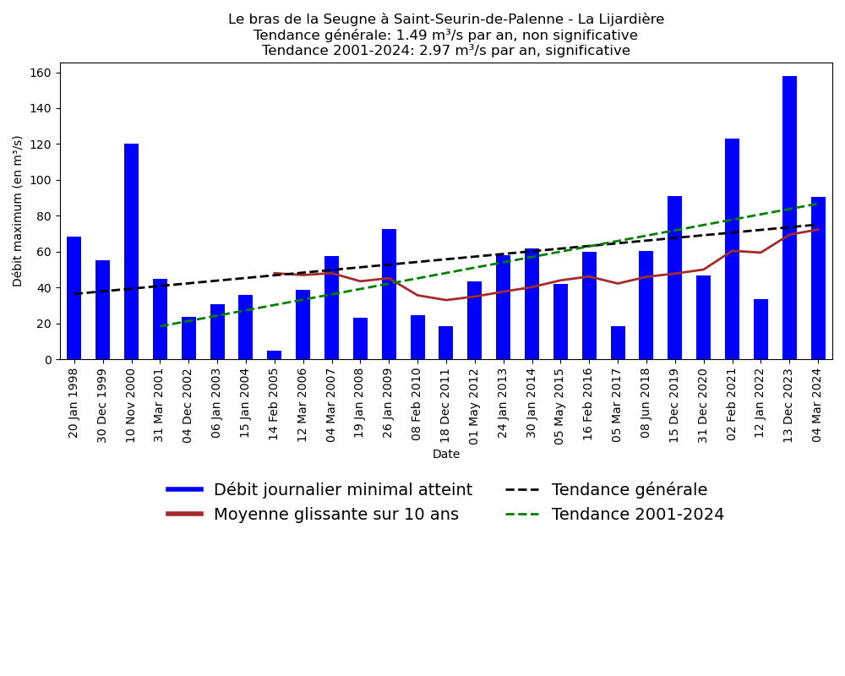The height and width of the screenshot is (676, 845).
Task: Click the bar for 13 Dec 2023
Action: (x=789, y=218)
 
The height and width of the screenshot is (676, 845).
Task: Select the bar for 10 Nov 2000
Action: (x=131, y=252)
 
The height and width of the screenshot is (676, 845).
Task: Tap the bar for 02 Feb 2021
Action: (x=732, y=249)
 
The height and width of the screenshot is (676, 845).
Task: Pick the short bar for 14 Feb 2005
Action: (x=274, y=355)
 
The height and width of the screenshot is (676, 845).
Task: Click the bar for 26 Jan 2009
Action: (x=389, y=294)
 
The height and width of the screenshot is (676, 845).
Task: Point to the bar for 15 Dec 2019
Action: (x=674, y=278)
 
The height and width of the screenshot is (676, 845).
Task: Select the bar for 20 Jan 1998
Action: (x=74, y=298)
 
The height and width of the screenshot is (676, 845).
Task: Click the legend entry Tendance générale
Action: (x=629, y=490)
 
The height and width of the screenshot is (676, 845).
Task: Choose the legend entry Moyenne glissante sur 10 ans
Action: (x=335, y=515)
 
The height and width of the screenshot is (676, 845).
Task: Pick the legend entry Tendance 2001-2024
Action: (x=637, y=515)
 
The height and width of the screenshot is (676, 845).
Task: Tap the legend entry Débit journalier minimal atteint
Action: (x=342, y=490)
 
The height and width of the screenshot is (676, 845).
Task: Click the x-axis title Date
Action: (x=446, y=455)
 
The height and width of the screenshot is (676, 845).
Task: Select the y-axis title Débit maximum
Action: (x=19, y=211)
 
